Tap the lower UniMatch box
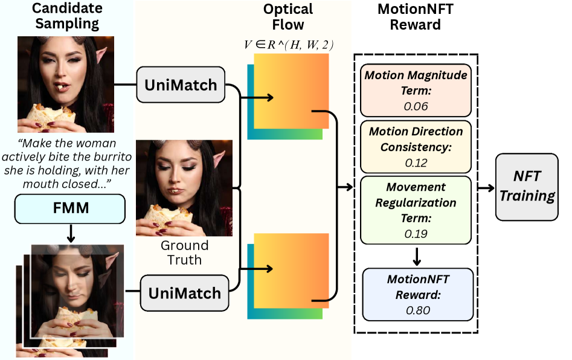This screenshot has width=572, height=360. click(185, 294)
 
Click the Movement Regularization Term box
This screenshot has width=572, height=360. click(416, 210)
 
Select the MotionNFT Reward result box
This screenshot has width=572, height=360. click(416, 294)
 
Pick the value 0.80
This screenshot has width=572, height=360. click(416, 310)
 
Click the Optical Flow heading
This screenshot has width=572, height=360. click(288, 17)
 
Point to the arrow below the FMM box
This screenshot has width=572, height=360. click(70, 234)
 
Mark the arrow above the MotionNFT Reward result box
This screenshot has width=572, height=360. click(416, 256)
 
